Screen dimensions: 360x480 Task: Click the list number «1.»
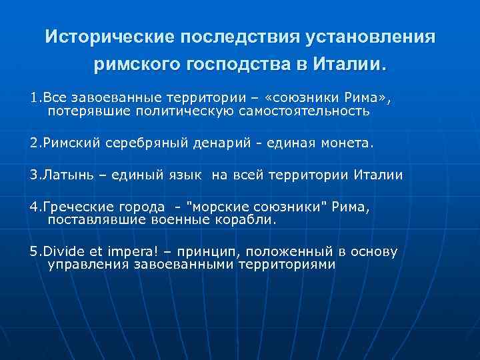click(35, 99)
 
